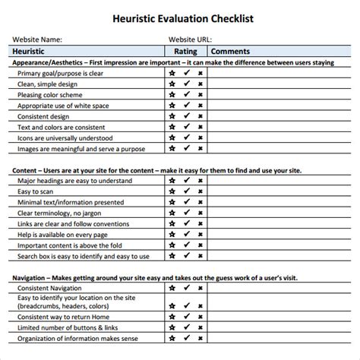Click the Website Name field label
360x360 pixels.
pyautogui.click(x=37, y=39)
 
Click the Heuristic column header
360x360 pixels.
pyautogui.click(x=33, y=50)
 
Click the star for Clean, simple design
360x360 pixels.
pyautogui.click(x=172, y=84)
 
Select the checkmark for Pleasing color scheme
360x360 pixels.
pyautogui.click(x=186, y=96)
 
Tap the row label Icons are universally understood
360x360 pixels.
pyautogui.click(x=65, y=138)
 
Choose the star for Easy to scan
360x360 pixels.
pyautogui.click(x=172, y=192)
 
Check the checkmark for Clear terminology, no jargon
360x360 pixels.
pyautogui.click(x=186, y=213)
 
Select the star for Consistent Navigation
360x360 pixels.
pyautogui.click(x=172, y=289)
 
